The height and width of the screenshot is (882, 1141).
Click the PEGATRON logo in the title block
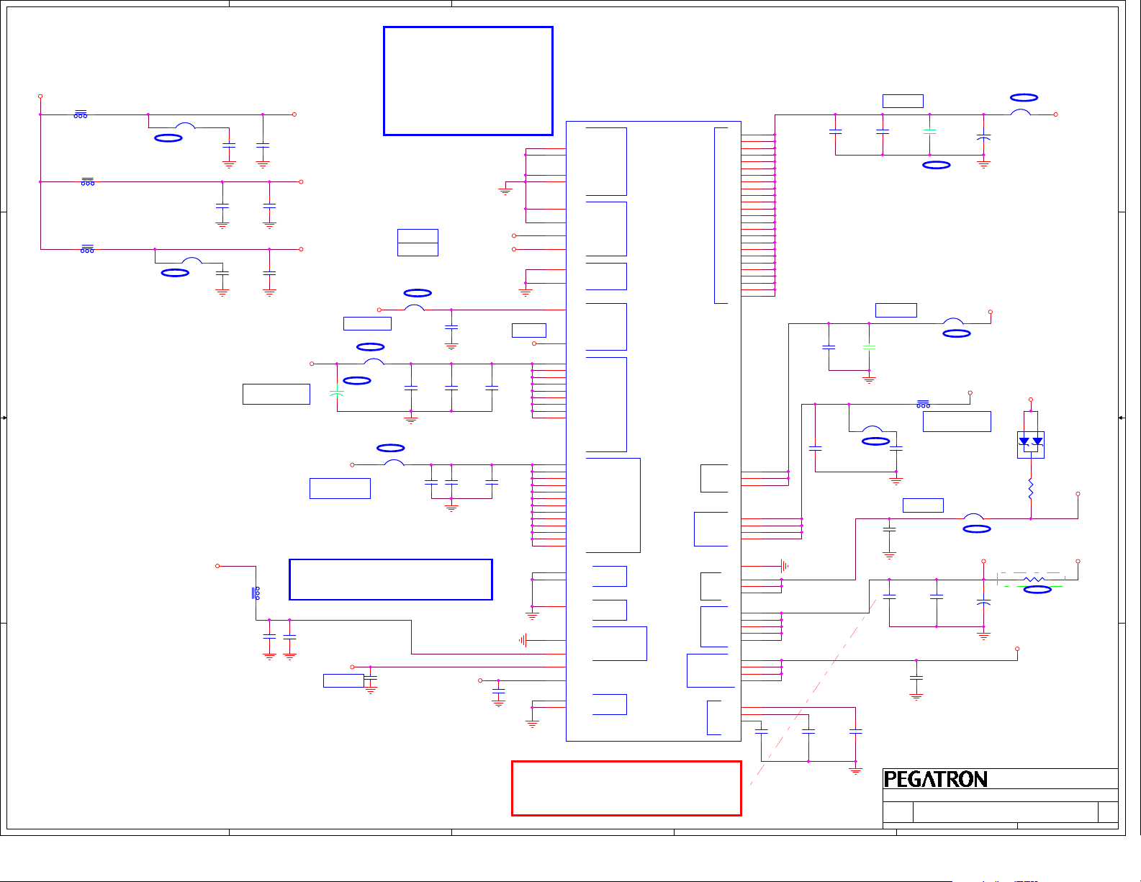click(935, 779)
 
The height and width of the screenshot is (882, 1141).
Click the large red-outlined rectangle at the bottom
click(626, 788)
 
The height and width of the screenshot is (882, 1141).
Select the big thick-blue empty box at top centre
click(468, 81)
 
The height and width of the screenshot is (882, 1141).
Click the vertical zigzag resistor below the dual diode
click(1031, 489)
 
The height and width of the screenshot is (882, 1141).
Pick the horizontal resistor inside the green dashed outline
click(1034, 579)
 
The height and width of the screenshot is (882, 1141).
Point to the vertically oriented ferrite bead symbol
click(256, 593)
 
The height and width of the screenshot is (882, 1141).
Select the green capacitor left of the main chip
click(336, 392)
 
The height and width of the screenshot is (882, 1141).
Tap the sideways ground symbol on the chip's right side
click(785, 566)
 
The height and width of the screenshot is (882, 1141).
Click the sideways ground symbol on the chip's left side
click(523, 640)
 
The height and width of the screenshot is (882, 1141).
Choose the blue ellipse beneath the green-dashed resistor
click(1037, 590)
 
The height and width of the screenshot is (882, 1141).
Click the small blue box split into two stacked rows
click(418, 243)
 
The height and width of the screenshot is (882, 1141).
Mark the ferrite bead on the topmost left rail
click(81, 114)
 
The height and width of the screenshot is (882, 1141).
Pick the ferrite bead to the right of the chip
click(923, 405)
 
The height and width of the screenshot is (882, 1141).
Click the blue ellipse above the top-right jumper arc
click(1024, 97)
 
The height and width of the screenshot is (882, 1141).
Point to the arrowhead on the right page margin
click(1122, 418)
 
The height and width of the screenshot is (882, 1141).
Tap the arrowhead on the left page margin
click(4, 418)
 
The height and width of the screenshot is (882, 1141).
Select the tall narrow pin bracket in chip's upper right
click(721, 215)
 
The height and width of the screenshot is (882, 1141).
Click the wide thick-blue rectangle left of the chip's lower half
click(390, 580)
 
